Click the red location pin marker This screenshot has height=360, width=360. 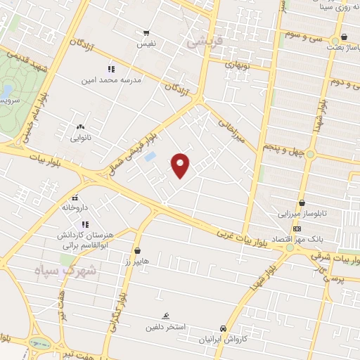(x=181, y=165)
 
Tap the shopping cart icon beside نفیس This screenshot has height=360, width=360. (x=146, y=32)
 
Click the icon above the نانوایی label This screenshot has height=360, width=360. (x=79, y=127)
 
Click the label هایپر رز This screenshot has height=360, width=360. (x=136, y=262)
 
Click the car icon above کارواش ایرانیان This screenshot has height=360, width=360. (x=223, y=328)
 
